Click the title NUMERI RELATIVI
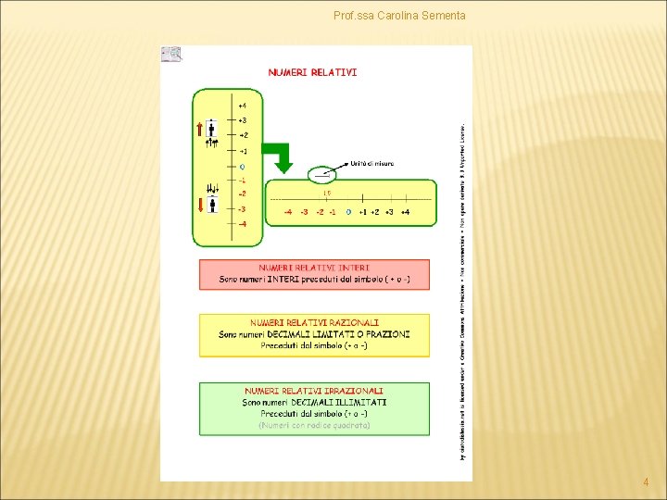click(312, 71)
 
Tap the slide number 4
click(646, 482)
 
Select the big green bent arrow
click(283, 156)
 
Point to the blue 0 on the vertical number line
click(242, 166)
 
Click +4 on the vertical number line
click(242, 106)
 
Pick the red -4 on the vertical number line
click(242, 224)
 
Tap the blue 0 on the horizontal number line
click(348, 212)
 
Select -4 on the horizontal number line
click(288, 212)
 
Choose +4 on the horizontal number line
click(405, 212)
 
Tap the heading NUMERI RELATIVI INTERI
click(314, 268)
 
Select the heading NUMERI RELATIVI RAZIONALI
click(314, 322)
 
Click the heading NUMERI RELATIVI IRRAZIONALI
click(314, 391)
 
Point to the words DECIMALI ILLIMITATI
click(341, 403)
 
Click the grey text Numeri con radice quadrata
click(314, 426)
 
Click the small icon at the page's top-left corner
click(171, 55)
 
